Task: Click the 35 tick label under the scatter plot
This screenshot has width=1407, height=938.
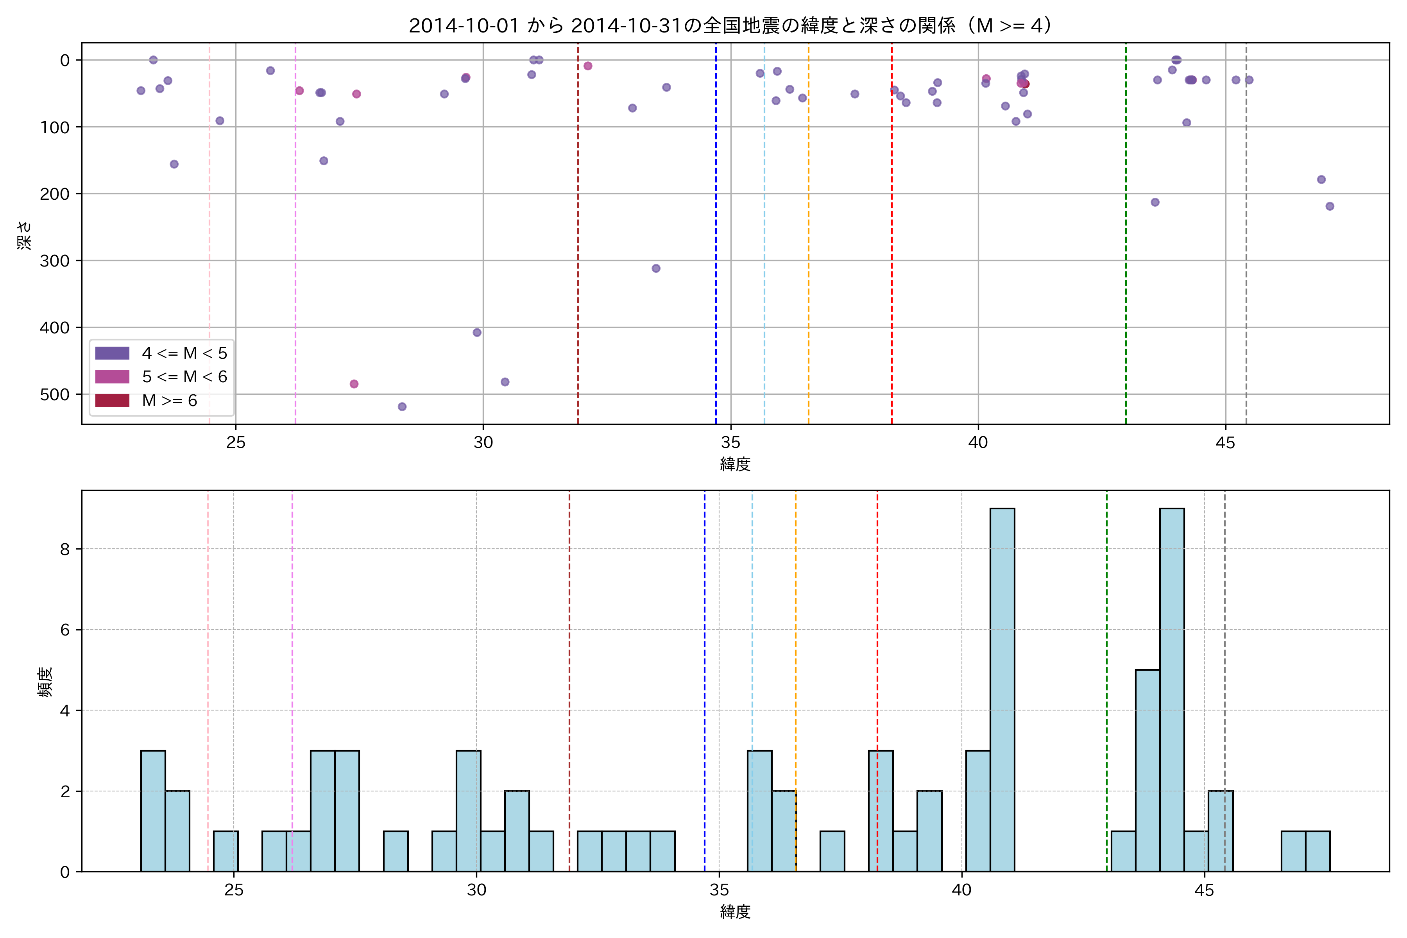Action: click(730, 443)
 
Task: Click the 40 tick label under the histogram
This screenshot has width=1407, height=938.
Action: click(961, 890)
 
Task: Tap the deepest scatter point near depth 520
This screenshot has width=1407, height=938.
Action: click(402, 407)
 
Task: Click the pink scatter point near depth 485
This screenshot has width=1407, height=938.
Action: click(354, 384)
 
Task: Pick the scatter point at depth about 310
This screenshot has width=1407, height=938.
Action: click(656, 269)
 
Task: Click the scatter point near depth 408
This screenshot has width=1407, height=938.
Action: click(477, 333)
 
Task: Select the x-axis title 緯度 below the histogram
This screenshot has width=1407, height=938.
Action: click(735, 912)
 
